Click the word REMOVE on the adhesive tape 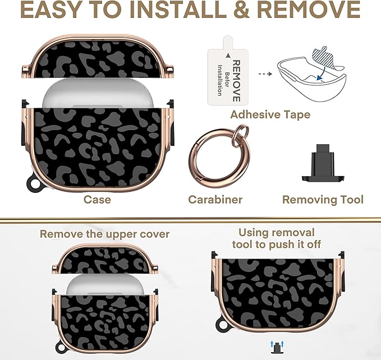tap(236, 81)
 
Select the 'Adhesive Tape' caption tap(270, 114)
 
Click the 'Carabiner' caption tap(215, 200)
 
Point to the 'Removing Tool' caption tap(323, 200)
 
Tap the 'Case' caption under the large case tap(97, 200)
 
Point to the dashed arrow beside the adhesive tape tap(265, 74)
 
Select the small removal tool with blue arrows tap(277, 347)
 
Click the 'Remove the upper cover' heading tap(104, 234)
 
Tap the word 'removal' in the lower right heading tap(295, 232)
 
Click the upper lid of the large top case tap(98, 57)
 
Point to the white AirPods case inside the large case tap(98, 94)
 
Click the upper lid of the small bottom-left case tap(105, 259)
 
